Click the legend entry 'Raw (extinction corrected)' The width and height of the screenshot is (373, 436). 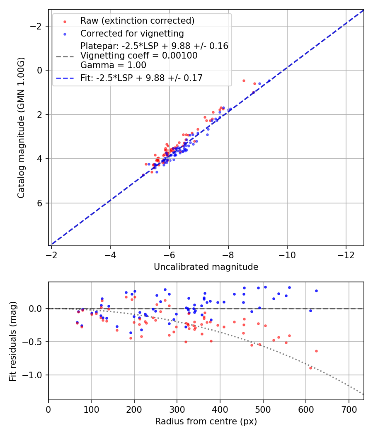click(137, 21)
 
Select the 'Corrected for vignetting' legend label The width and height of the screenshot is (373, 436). click(132, 33)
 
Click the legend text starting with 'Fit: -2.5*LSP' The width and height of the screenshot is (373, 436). click(141, 78)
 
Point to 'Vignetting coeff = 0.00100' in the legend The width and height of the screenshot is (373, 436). click(139, 56)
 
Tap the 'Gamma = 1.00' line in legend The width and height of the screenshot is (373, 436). click(114, 65)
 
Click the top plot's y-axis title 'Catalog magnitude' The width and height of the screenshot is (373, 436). click(21, 127)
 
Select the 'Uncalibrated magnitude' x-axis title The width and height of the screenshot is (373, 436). click(206, 267)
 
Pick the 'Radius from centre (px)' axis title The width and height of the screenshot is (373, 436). click(206, 421)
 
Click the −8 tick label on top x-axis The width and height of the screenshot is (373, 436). click(228, 253)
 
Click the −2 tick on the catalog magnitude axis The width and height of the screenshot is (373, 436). click(38, 26)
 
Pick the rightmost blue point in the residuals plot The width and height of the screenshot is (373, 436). click(316, 291)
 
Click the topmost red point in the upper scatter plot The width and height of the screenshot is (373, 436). click(244, 81)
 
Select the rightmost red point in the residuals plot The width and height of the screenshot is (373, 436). click(316, 351)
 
